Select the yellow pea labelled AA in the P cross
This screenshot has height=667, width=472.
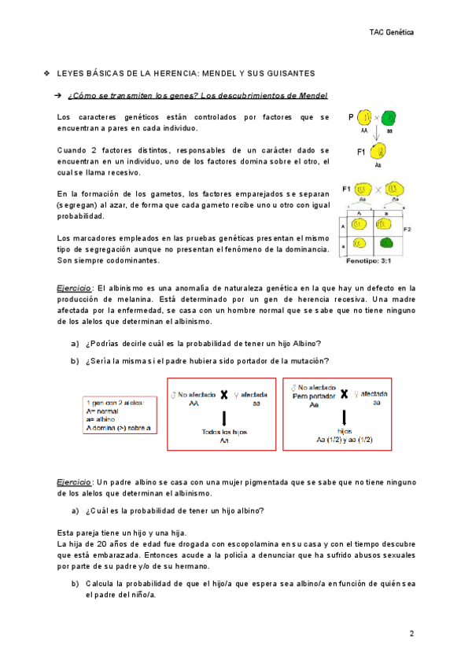[x=365, y=120]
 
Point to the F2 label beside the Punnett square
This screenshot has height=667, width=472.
[x=407, y=229]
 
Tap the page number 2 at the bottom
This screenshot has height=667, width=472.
[x=411, y=633]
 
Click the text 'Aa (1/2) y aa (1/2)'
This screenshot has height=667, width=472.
[x=344, y=440]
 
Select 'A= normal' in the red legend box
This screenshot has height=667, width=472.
[x=103, y=412]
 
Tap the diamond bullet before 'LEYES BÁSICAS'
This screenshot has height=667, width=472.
[x=47, y=73]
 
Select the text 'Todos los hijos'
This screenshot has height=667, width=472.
[x=224, y=432]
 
